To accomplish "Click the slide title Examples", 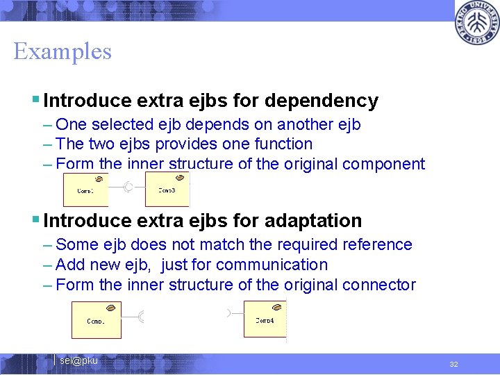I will [62, 51].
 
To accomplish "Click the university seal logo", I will [477, 23].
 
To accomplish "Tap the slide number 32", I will [453, 364].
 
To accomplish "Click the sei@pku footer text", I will [78, 360].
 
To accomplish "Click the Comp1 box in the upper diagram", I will [85, 190].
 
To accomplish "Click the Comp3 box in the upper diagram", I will [167, 190].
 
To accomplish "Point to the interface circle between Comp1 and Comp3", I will [128, 187].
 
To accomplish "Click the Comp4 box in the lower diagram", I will [265, 319].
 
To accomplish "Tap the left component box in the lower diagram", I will [96, 320].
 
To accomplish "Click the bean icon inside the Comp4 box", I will [277, 308].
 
